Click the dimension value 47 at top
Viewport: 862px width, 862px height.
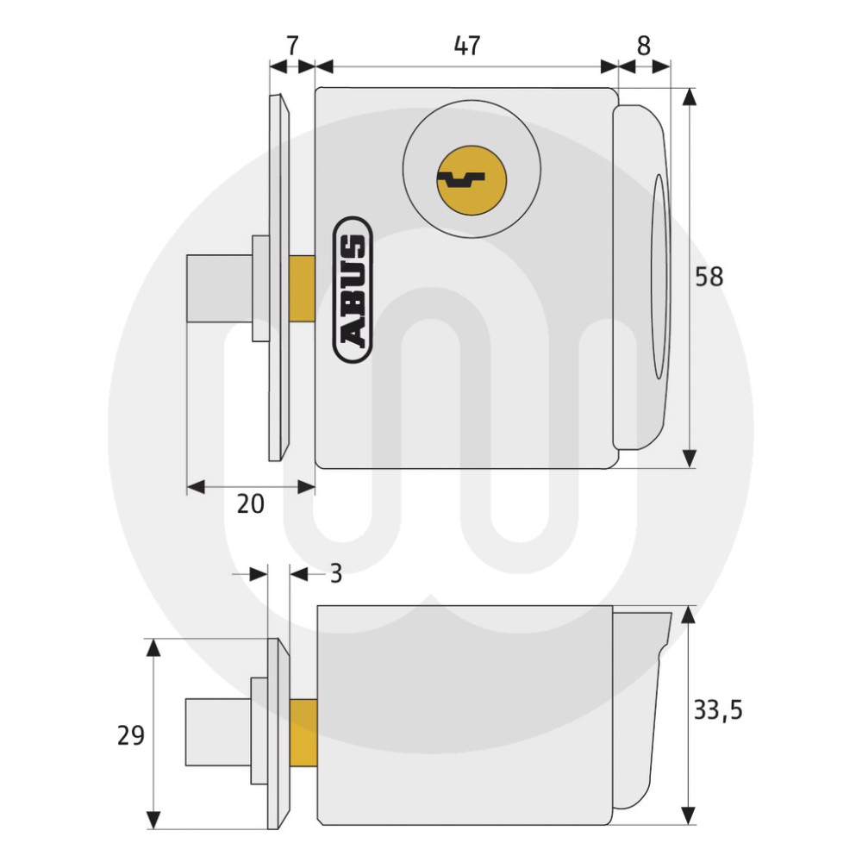click(x=466, y=46)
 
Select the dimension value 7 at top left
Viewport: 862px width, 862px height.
click(x=292, y=46)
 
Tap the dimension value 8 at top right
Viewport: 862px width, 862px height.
click(x=644, y=46)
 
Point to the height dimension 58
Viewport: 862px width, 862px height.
click(x=709, y=277)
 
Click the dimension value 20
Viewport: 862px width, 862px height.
click(x=250, y=504)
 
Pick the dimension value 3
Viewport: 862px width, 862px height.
click(x=335, y=573)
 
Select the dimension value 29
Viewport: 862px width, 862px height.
click(x=130, y=735)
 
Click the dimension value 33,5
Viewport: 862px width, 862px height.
click(x=717, y=710)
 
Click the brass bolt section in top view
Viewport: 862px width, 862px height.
click(x=303, y=289)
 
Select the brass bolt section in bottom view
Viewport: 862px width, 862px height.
click(x=303, y=733)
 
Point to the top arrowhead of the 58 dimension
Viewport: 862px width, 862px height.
click(x=688, y=97)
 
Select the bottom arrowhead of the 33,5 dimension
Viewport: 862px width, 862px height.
click(x=688, y=815)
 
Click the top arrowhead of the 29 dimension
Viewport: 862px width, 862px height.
click(x=153, y=647)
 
